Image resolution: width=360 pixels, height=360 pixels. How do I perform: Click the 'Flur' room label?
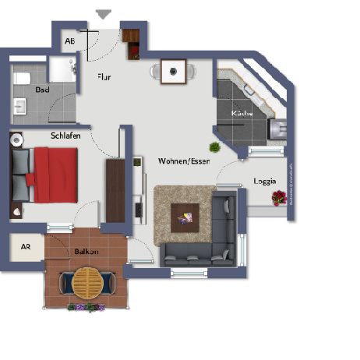(x=104, y=76)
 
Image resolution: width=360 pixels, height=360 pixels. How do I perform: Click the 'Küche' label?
(x=242, y=114)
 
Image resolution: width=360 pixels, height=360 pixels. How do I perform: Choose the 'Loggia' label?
(x=264, y=181)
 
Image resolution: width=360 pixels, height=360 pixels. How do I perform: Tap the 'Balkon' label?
(x=86, y=252)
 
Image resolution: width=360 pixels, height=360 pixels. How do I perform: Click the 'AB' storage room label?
(x=69, y=41)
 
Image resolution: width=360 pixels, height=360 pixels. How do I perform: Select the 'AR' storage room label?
(x=25, y=246)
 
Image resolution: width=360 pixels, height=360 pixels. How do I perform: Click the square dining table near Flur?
(x=173, y=72)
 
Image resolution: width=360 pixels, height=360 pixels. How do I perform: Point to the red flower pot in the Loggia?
(x=278, y=199)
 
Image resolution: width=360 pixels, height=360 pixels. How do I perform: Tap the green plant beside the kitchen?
(x=214, y=146)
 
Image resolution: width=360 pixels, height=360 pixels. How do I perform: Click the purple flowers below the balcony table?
(x=86, y=307)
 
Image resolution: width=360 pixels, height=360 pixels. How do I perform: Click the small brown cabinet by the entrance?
(x=130, y=38)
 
